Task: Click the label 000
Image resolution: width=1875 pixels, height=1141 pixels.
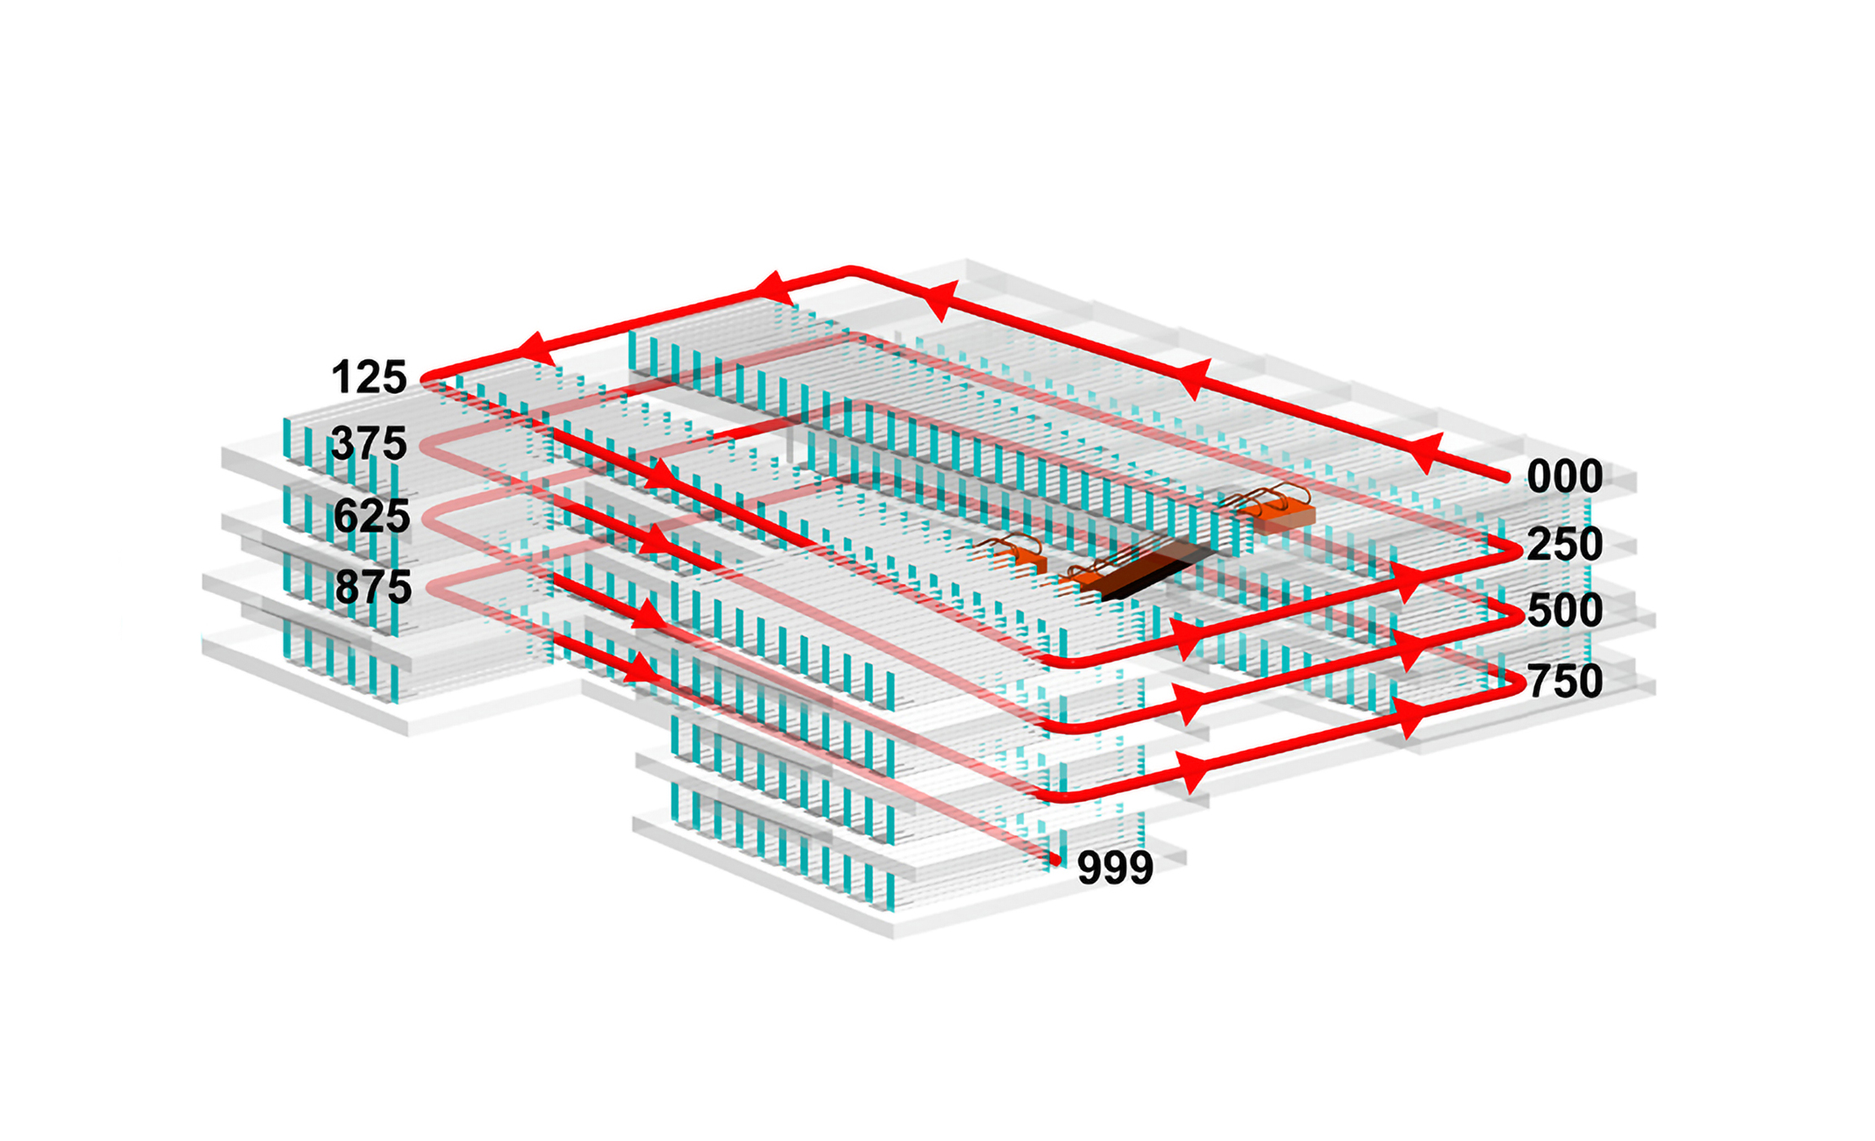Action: click(x=1564, y=476)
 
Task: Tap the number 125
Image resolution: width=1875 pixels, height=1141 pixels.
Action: click(x=369, y=377)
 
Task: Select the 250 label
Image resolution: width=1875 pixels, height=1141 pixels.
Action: click(x=1564, y=544)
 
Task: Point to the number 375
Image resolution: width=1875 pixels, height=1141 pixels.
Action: click(x=369, y=443)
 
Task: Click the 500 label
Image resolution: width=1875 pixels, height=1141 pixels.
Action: click(x=1564, y=610)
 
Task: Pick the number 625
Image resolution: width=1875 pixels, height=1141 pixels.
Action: click(x=372, y=516)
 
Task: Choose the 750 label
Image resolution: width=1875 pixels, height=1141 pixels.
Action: click(x=1564, y=681)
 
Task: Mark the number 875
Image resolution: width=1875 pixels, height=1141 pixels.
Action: click(x=373, y=587)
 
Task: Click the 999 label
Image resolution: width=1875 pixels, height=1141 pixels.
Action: click(x=1115, y=867)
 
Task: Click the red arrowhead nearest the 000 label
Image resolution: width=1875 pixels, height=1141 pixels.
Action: click(x=1427, y=453)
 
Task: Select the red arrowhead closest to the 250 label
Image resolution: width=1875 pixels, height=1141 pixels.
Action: click(x=1409, y=580)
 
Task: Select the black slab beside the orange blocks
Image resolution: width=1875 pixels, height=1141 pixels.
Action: click(x=1149, y=572)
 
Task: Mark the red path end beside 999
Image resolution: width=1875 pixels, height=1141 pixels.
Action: click(x=1056, y=860)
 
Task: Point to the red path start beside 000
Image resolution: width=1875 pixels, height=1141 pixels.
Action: click(x=1505, y=478)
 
